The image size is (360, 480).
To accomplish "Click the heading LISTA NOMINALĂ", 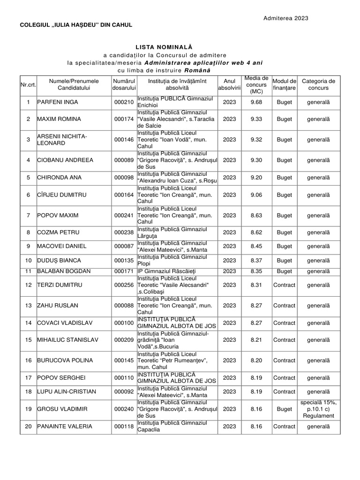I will pos(164,47).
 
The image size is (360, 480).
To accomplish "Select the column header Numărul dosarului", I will pos(124,84).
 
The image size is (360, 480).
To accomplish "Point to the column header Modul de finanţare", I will pos(285,84).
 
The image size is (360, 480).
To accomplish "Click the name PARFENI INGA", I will pos(58,102).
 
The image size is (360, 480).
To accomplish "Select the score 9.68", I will pos(256,102).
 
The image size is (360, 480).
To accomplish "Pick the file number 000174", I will pos(124,119).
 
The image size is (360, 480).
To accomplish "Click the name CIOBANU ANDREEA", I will pos(65,160).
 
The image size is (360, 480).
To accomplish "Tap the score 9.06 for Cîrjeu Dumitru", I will pos(256,195).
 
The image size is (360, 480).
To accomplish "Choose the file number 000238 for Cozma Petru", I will pos(124,232).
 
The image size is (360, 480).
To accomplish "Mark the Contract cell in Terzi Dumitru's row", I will pos(285,285).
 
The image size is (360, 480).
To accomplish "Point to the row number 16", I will pos(28,360).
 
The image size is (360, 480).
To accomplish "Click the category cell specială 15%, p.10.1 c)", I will pos(318,409).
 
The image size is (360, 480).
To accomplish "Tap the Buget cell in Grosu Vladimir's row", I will pos(285,409).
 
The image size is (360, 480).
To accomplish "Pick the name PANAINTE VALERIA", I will pos(65,427).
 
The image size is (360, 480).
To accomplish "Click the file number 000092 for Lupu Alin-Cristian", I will pos(124,391).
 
